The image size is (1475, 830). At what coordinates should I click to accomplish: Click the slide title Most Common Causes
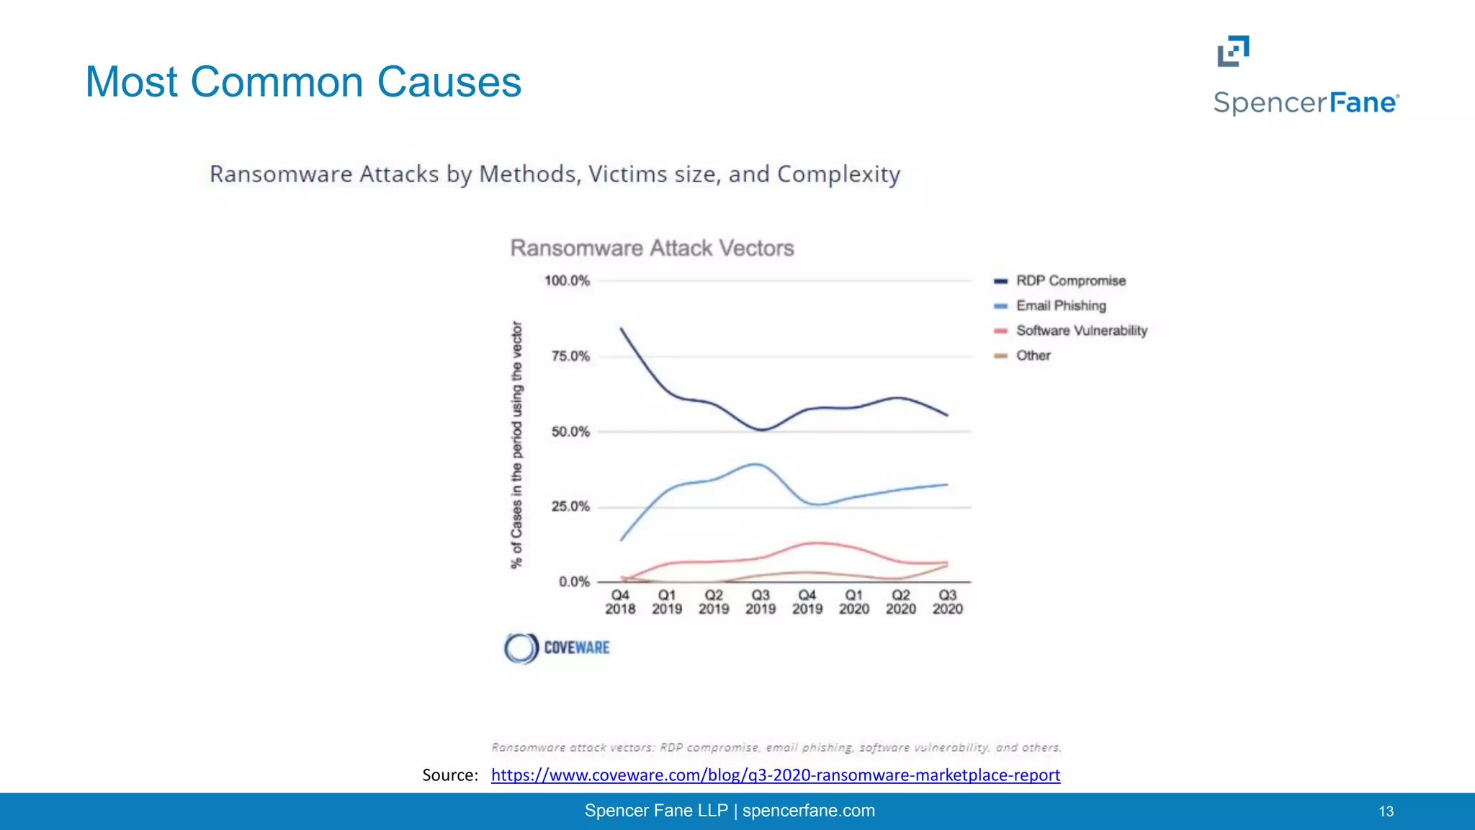303,82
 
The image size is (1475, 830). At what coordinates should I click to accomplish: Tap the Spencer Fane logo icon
1233,51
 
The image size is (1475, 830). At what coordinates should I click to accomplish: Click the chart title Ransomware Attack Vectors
652,249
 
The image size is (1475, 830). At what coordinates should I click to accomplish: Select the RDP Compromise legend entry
1070,281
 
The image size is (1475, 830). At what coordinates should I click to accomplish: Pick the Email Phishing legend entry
1060,305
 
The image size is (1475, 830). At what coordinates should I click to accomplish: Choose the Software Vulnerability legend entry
1080,331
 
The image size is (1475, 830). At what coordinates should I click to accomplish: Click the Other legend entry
1033,355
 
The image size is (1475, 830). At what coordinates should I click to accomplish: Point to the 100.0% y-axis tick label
567,281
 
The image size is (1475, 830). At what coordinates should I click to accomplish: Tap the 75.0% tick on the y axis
570,356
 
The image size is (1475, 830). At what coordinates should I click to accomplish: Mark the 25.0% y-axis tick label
570,507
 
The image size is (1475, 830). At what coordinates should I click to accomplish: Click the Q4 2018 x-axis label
620,602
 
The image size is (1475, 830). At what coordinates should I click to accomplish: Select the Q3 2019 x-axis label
761,602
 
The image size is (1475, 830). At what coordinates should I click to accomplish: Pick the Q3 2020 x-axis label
947,602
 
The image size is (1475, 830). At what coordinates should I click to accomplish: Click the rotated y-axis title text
516,445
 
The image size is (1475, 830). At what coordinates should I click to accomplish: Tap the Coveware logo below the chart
557,648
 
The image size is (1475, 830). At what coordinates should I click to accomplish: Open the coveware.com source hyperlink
775,775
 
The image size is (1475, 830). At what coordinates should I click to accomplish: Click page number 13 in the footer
1386,812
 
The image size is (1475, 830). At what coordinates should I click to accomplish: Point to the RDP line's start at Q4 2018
622,329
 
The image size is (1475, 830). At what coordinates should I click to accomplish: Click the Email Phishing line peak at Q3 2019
758,464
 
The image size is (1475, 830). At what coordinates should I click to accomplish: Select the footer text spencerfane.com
808,811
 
